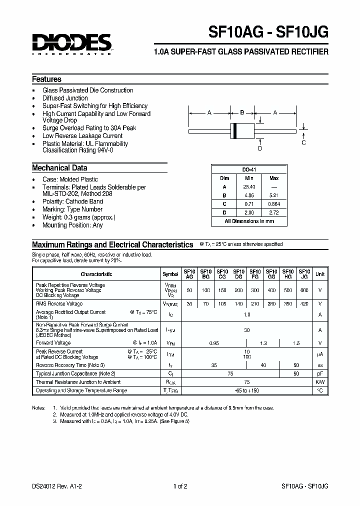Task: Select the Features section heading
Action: click(x=46, y=79)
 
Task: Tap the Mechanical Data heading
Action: click(x=59, y=168)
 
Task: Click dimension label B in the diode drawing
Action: click(x=242, y=113)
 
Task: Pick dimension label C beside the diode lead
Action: click(x=303, y=143)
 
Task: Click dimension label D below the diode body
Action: click(x=259, y=148)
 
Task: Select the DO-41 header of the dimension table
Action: click(x=248, y=170)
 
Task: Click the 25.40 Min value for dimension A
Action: click(x=249, y=186)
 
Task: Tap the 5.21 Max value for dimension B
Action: click(x=274, y=195)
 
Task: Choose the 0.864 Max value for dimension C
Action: click(x=274, y=203)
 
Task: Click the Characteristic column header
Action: click(x=96, y=274)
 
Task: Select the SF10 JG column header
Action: click(x=304, y=274)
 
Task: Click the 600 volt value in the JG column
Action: click(x=304, y=290)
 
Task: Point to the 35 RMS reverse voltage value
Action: click(x=189, y=304)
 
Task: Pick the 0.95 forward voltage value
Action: click(x=213, y=342)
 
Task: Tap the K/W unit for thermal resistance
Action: click(x=320, y=382)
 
